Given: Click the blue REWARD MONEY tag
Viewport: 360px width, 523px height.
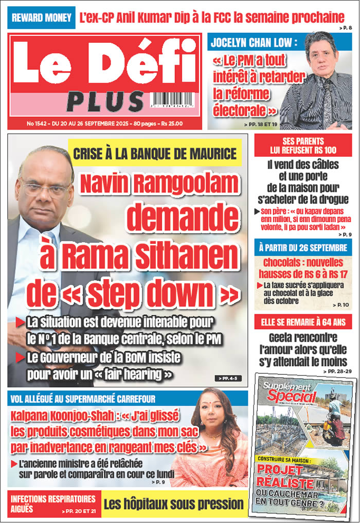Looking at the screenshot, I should (x=42, y=18).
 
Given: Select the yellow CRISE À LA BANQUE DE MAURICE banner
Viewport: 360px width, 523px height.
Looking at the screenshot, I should (x=155, y=153).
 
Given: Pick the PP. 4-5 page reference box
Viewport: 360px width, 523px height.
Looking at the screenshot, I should (x=228, y=378).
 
